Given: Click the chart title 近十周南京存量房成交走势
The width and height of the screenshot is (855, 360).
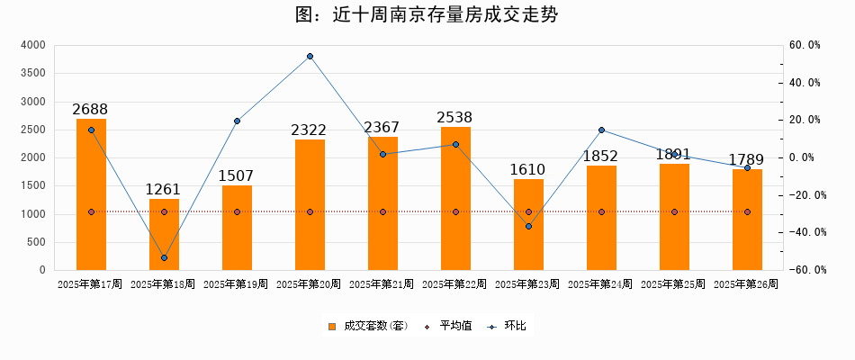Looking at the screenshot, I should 427,15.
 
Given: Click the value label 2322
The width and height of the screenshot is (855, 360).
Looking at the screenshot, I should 309,130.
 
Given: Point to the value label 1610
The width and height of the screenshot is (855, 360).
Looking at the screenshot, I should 528,170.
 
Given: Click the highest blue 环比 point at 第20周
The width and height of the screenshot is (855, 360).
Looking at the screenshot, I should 310,57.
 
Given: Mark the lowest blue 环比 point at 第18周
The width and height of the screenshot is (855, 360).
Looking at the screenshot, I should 164,258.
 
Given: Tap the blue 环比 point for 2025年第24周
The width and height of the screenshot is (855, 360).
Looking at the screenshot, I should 601,130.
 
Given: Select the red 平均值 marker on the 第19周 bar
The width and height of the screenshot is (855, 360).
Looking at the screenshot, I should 237,212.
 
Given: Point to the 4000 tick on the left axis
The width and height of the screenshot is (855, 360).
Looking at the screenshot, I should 32,45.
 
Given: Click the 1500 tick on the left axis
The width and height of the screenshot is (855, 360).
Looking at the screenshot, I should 32,185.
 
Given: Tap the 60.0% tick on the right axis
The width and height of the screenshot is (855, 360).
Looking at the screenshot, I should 804,45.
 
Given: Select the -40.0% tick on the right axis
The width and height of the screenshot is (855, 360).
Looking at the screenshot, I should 802,232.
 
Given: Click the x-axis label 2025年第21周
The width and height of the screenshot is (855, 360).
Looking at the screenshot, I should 382,284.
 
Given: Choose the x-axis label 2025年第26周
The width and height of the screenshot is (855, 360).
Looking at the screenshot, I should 746,284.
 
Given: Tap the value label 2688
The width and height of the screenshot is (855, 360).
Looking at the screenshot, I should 90,109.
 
